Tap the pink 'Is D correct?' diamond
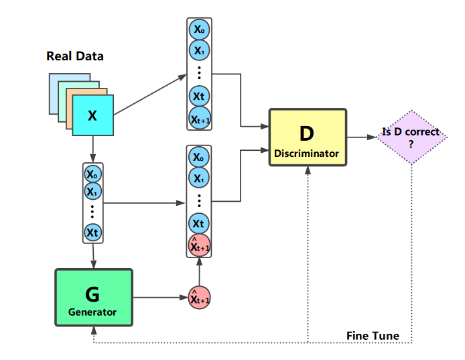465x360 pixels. click(411, 137)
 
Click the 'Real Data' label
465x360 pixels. click(75, 56)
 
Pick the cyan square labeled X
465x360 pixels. click(93, 115)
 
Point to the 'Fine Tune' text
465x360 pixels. click(373, 335)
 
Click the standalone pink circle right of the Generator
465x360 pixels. click(199, 297)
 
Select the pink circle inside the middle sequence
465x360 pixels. click(199, 245)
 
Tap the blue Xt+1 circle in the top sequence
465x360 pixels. click(199, 119)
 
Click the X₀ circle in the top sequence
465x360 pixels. click(199, 29)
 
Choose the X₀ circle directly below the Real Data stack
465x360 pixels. click(92, 173)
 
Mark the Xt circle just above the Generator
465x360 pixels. click(92, 232)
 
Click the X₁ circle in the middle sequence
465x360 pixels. click(199, 178)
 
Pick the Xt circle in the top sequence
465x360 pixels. click(199, 96)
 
